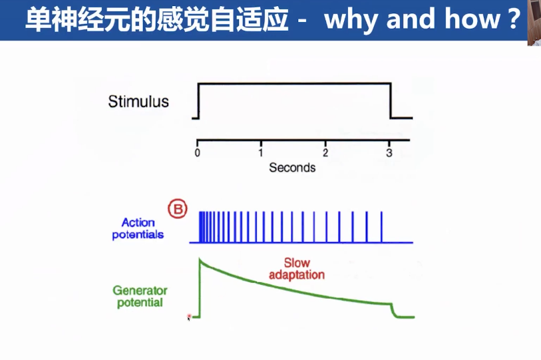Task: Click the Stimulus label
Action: [x=138, y=101]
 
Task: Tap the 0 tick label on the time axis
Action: [x=198, y=152]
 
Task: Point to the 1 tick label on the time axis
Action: [x=261, y=152]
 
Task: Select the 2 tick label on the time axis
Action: [x=325, y=152]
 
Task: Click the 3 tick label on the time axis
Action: [x=389, y=152]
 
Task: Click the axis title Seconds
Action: [x=292, y=168]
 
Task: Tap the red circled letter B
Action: [x=178, y=209]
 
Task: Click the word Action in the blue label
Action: [x=138, y=223]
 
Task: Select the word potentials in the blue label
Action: [x=138, y=235]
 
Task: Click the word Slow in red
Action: [x=297, y=263]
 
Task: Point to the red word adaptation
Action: [x=297, y=275]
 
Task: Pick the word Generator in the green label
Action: [x=140, y=291]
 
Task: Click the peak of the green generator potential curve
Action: [x=200, y=259]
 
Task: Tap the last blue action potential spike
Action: [x=381, y=227]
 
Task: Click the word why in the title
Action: [x=351, y=19]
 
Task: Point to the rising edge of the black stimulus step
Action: [x=198, y=100]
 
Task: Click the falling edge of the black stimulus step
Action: [x=391, y=100]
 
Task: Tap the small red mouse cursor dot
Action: [x=189, y=316]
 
